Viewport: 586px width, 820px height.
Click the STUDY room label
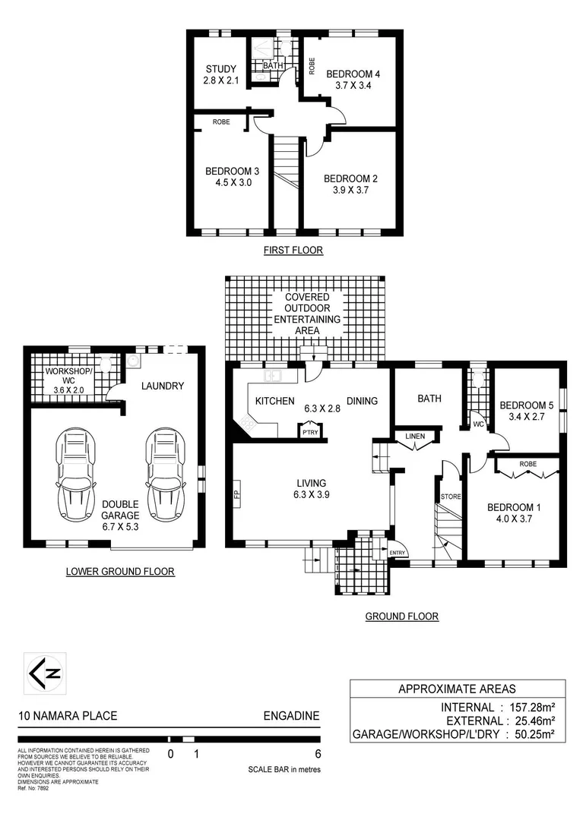coord(220,69)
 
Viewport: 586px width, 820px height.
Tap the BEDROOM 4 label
coord(353,74)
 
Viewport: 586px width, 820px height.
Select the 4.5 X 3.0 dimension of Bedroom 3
coord(228,183)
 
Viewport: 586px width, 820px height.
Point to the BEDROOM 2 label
coord(351,178)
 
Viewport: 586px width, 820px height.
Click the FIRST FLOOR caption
coord(293,250)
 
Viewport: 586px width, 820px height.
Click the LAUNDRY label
coord(163,386)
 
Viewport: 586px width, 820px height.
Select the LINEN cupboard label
coord(415,436)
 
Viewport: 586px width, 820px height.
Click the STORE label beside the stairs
coord(450,497)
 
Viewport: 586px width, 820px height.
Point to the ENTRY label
coord(397,552)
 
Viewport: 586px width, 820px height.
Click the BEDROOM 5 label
coord(529,405)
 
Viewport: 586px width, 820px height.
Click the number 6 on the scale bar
coord(318,754)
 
